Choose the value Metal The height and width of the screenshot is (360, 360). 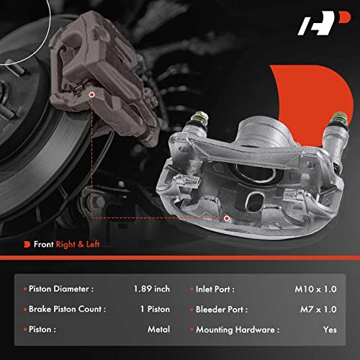tap(158, 329)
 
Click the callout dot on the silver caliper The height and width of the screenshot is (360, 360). tap(226, 217)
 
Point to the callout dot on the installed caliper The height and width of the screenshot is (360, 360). tap(94, 94)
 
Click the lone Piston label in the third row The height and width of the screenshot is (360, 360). tap(42, 329)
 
